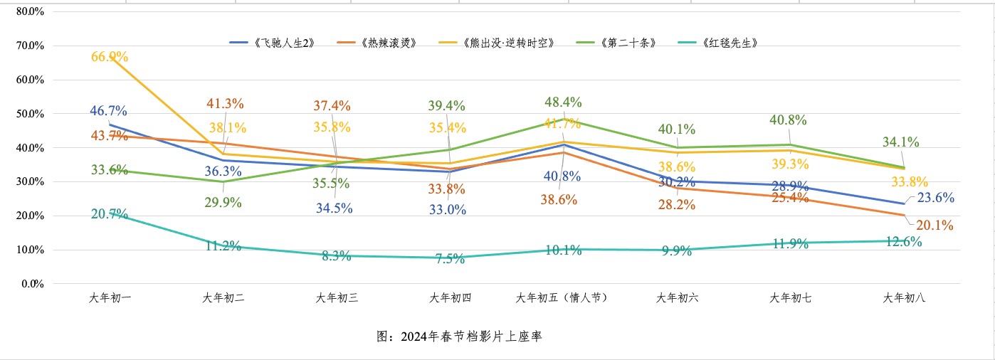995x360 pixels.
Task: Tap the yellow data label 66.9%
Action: click(109, 56)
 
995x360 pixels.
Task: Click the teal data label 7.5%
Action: click(450, 259)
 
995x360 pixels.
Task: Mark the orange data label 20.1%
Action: click(935, 226)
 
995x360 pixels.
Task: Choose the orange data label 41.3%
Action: click(225, 104)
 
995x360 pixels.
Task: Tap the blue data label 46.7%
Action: click(108, 111)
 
